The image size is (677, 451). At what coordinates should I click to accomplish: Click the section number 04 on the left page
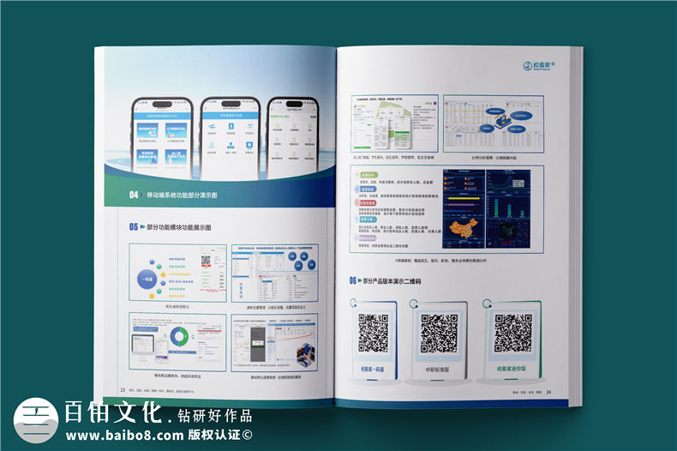(134, 195)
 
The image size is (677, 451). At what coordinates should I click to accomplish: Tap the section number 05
(134, 227)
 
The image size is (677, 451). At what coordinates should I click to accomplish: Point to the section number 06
(352, 280)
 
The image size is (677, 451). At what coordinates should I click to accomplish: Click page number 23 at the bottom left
(123, 388)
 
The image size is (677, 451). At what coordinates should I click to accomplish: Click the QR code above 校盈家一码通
(373, 333)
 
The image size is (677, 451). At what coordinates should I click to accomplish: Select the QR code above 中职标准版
(438, 333)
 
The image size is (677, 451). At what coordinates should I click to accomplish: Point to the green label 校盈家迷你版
(512, 370)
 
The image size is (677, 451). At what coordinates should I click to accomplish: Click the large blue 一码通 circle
(150, 274)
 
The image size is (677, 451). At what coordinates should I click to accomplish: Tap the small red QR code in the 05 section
(206, 264)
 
